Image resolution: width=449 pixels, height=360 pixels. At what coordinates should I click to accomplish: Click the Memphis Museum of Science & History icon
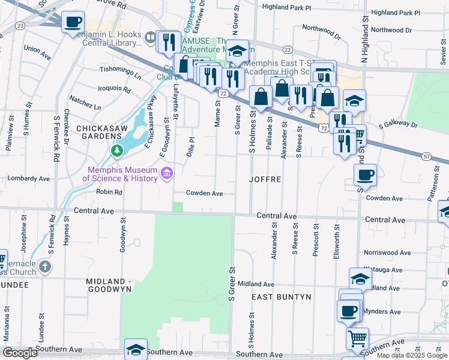coord(167,174)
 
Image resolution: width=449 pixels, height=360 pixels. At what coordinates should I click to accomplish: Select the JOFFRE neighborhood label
coord(266,179)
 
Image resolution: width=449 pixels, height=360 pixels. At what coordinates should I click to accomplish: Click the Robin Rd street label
coord(109,192)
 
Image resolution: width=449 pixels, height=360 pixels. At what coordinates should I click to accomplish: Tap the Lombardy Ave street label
coord(28,178)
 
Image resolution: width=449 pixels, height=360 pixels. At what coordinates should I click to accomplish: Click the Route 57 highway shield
coord(426,156)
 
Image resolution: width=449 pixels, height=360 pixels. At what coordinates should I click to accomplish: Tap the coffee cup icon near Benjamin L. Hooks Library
coord(73,23)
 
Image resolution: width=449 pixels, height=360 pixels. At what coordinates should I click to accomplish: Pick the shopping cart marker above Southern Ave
coord(357,338)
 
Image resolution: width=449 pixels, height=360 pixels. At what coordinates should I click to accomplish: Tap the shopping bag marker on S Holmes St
coord(261,96)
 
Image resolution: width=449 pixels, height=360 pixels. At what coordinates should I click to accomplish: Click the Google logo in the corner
coord(20,353)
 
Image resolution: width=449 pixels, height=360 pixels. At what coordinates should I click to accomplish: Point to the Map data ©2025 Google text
coord(412,355)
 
